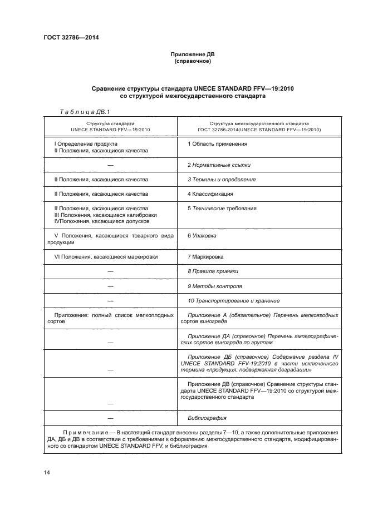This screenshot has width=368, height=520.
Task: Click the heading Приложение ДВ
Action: coord(193,55)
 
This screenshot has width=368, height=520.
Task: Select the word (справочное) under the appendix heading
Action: coord(193,61)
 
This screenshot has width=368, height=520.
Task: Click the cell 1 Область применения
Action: coord(217,143)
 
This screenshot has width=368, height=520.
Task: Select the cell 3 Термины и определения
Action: coord(222,180)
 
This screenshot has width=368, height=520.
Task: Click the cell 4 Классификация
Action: coord(210,194)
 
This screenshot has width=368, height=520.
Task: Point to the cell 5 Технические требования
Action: coord(222,209)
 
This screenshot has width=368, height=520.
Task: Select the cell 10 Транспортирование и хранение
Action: coord(233,300)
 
